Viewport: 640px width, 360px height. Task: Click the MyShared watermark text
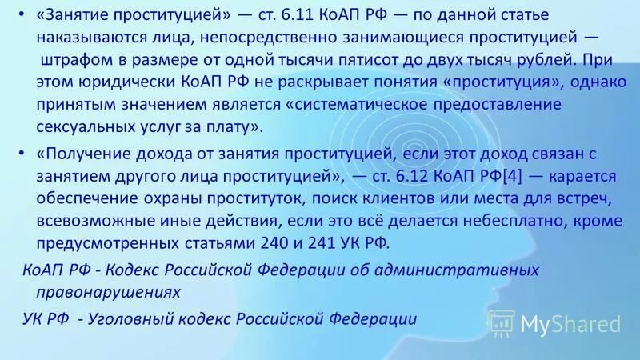click(x=570, y=324)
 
